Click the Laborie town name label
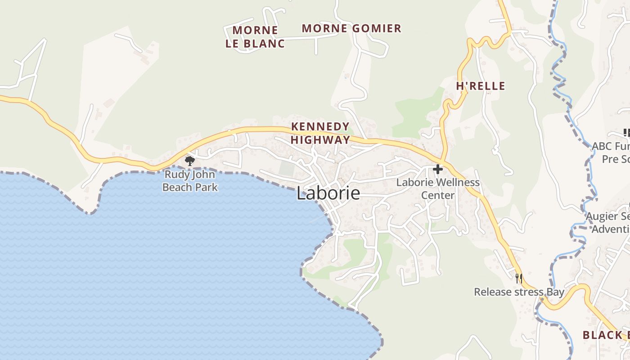point(328,193)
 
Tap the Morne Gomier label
point(351,28)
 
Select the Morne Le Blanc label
point(255,37)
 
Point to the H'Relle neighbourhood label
point(481,86)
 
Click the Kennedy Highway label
point(320,133)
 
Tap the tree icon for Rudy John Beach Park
point(190,161)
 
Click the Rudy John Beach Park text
point(190,181)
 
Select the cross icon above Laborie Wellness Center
point(437,169)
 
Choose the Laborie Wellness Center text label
point(438,189)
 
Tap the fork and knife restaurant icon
point(519,278)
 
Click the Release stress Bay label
point(519,292)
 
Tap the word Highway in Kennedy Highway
point(320,139)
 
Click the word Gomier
point(376,28)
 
